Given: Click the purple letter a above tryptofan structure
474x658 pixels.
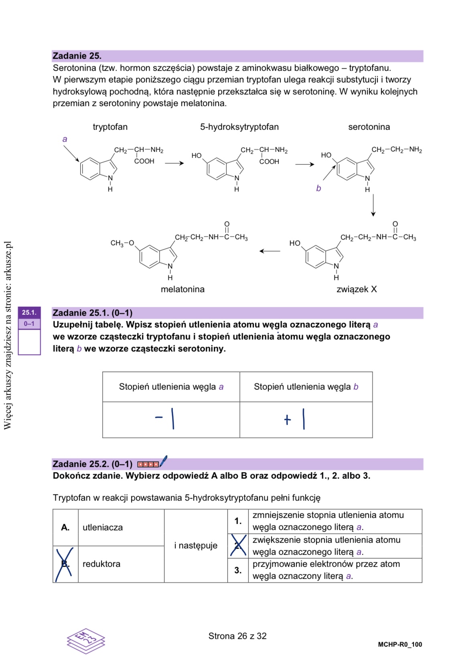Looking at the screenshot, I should click(x=65, y=140).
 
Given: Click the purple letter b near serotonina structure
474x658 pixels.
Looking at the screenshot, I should click(x=318, y=188).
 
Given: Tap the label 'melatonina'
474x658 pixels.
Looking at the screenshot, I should click(x=182, y=290).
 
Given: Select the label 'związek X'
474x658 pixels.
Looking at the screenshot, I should click(x=357, y=290).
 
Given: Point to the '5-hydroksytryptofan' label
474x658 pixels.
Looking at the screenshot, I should click(x=239, y=127).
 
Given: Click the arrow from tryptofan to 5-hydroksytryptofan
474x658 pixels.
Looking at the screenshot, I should click(x=174, y=163).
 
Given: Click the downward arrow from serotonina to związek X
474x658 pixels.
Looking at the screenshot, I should click(x=373, y=205).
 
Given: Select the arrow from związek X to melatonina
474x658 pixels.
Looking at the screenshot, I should click(x=270, y=251).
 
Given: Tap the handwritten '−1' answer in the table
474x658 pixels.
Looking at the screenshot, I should click(x=165, y=419).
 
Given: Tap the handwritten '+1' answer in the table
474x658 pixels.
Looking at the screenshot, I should click(x=294, y=419).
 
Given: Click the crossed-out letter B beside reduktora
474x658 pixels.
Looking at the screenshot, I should click(x=65, y=564).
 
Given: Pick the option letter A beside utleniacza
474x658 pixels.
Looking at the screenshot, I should click(x=65, y=528).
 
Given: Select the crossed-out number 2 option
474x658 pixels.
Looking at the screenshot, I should click(x=238, y=546).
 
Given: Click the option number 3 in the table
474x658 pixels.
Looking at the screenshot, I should click(x=238, y=570).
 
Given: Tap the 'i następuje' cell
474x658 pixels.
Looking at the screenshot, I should click(x=196, y=546).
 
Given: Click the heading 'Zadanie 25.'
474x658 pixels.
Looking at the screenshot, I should click(x=77, y=56).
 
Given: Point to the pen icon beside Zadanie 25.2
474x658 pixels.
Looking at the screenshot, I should click(x=163, y=462).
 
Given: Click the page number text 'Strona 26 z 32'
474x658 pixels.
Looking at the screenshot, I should click(x=237, y=636).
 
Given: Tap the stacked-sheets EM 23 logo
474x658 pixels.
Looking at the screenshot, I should click(x=86, y=640).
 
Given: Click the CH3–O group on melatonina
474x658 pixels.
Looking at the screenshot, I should click(x=122, y=243).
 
